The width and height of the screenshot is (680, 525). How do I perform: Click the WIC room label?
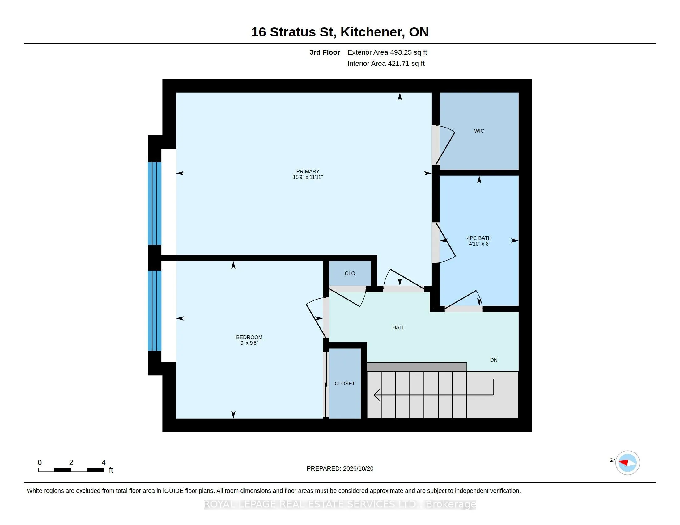(x=479, y=131)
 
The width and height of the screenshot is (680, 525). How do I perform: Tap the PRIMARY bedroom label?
(x=308, y=171)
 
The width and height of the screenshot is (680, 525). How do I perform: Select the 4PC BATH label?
(x=479, y=238)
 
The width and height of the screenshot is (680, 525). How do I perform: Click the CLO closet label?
(x=350, y=273)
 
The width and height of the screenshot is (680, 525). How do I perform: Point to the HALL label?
(x=398, y=327)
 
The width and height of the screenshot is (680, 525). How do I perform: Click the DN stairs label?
(x=494, y=360)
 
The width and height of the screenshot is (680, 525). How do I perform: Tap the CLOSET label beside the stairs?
(x=345, y=384)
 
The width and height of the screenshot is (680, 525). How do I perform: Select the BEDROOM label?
(x=249, y=338)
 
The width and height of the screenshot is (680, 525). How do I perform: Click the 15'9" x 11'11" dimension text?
(x=308, y=177)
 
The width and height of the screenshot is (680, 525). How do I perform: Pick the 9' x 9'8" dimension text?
(x=249, y=343)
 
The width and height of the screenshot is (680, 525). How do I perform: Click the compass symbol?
(x=627, y=463)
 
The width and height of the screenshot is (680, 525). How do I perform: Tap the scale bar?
(x=71, y=470)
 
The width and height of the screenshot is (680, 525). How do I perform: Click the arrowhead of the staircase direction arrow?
(x=376, y=395)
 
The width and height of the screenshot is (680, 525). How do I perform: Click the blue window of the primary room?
(x=155, y=204)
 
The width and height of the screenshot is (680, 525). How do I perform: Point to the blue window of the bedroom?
(x=155, y=311)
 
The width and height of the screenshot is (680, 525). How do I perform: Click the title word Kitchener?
(x=373, y=32)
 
